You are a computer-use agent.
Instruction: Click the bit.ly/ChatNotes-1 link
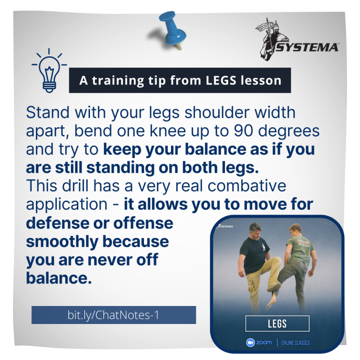pos(113,315)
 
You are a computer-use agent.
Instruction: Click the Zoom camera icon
pos(251,342)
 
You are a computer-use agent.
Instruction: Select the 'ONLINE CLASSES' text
pos(295,343)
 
